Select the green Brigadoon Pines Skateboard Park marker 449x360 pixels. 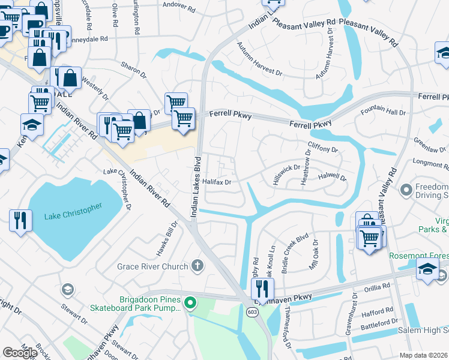(x=191, y=302)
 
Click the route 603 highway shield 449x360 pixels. (x=252, y=312)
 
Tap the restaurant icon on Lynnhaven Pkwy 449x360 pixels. (x=262, y=289)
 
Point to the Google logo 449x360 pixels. (x=20, y=352)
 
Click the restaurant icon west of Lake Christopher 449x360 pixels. (x=20, y=221)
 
